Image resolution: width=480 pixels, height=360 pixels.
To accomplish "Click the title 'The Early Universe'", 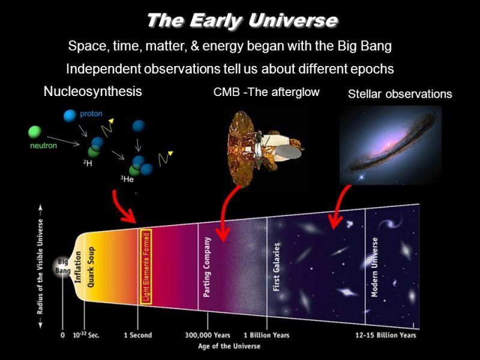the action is [242, 21].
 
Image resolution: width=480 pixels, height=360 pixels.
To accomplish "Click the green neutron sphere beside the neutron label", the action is [35, 132].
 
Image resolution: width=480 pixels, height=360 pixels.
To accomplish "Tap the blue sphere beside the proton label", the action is [70, 116].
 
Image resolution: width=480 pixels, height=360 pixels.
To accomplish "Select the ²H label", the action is [88, 163].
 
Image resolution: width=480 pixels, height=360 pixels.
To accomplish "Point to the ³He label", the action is [127, 179].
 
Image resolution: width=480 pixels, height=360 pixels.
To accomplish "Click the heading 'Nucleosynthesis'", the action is [93, 91].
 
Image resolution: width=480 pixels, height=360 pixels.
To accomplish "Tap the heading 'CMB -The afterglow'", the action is [266, 92].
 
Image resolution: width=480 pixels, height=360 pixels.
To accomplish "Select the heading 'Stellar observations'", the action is [400, 94].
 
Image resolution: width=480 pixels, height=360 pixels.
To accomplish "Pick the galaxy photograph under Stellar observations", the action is [391, 145].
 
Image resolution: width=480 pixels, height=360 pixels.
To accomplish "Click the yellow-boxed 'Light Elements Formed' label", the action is [146, 266].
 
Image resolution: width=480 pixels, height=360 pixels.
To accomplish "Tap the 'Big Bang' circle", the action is [63, 266].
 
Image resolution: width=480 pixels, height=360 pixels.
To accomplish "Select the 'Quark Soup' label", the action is [91, 267].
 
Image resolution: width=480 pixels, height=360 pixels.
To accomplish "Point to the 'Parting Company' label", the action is [207, 267].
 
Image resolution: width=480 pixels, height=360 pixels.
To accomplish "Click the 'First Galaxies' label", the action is [276, 267].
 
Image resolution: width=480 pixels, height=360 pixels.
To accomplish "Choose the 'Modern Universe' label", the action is [374, 267].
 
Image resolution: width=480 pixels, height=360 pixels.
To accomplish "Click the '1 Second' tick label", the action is [138, 335].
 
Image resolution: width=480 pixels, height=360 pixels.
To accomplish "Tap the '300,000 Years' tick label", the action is [207, 335].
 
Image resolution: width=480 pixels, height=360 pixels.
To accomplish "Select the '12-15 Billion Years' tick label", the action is [386, 335].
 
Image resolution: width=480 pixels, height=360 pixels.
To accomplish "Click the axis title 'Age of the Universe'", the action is [229, 346].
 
